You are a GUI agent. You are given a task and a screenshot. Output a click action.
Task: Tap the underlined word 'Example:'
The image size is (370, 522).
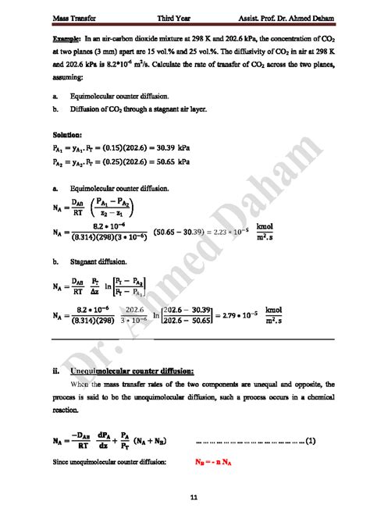tap(66, 37)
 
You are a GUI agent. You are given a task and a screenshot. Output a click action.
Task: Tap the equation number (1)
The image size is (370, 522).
tap(310, 442)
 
